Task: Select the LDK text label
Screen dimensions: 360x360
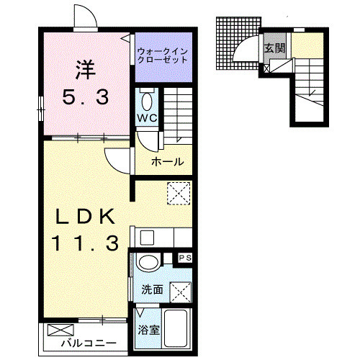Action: [86, 216]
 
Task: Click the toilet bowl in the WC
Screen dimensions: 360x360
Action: [147, 100]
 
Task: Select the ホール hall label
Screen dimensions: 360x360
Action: [166, 162]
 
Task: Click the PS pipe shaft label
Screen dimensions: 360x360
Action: [184, 257]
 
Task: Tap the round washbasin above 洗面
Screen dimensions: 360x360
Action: [148, 262]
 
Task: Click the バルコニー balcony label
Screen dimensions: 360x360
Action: [89, 342]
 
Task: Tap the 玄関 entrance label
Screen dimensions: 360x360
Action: [274, 48]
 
